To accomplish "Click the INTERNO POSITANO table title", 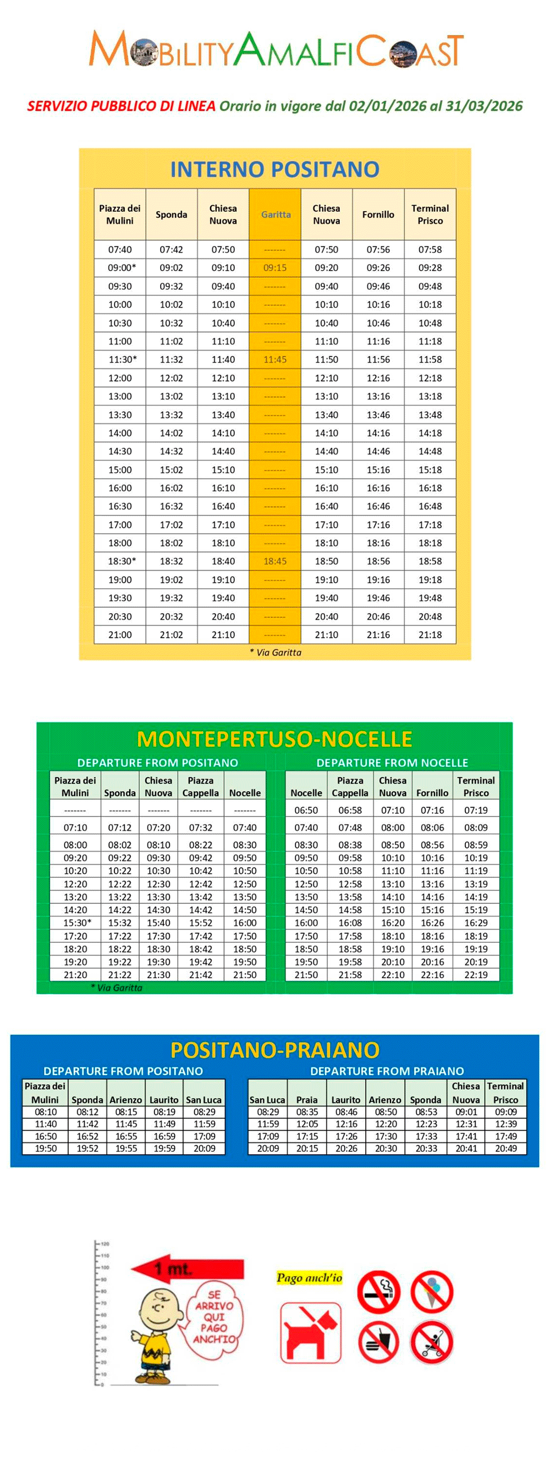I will (x=274, y=169).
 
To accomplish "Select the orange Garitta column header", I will (x=276, y=214).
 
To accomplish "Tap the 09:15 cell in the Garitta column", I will (x=275, y=268).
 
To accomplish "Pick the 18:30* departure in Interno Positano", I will (x=122, y=561).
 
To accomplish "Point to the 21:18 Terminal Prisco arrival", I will (x=430, y=635).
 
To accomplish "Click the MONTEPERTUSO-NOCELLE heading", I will (x=274, y=739).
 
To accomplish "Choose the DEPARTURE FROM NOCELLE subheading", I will (x=392, y=763).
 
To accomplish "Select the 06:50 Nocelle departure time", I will (x=306, y=810).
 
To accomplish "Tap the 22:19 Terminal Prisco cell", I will (x=476, y=975).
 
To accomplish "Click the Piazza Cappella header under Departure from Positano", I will (x=200, y=787).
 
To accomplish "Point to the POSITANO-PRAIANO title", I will (x=274, y=1050).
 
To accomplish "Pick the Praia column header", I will (x=306, y=1100).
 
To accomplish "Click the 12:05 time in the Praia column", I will (x=306, y=1124).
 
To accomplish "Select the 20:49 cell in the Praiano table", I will (x=506, y=1148).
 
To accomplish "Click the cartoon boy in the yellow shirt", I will (x=153, y=1332).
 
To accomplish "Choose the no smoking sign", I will (x=378, y=1292).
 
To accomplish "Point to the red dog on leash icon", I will (x=311, y=1332).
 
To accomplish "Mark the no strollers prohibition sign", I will (x=432, y=1342).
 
